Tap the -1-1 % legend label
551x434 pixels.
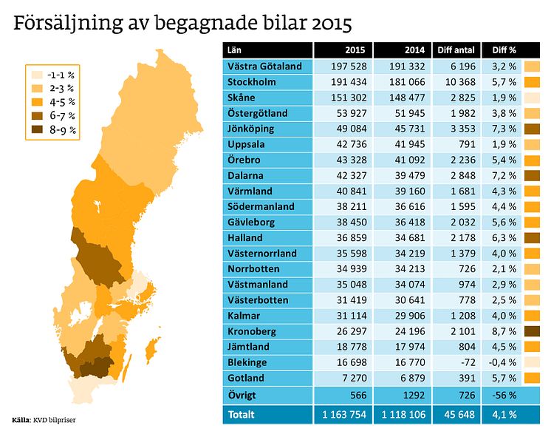pos(61,75)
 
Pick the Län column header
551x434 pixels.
pos(236,50)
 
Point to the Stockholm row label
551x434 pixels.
pos(252,82)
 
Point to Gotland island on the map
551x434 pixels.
pos(154,346)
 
